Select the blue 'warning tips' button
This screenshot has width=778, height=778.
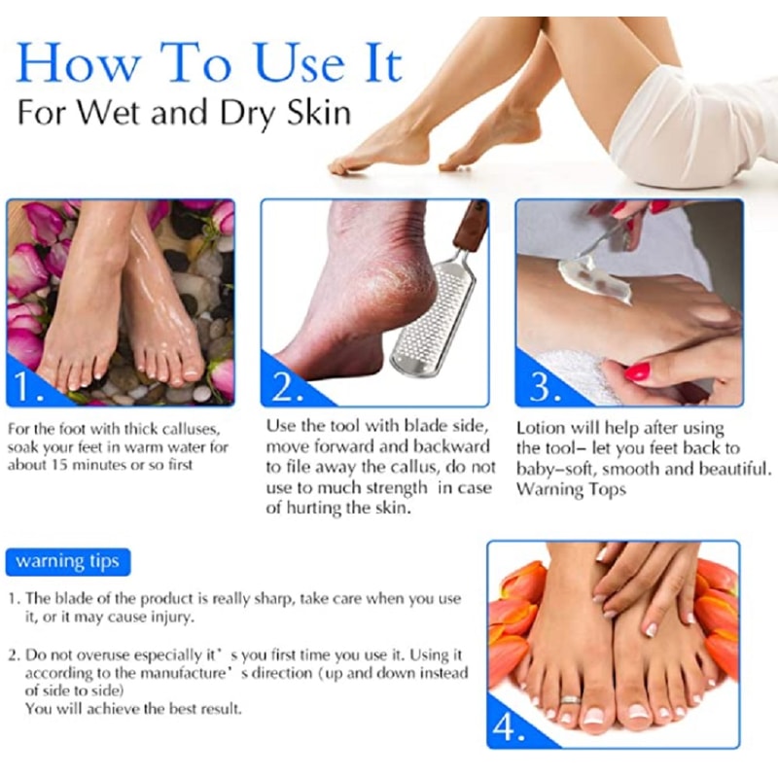(68, 562)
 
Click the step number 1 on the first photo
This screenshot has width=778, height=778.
(27, 385)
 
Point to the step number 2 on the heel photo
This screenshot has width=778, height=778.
(286, 386)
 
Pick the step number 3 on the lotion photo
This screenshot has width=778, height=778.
(545, 385)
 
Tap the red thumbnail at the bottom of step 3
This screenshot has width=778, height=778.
(638, 371)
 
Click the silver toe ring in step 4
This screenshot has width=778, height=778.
(570, 699)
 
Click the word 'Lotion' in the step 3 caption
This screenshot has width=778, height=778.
(541, 428)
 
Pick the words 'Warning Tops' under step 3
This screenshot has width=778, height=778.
(571, 489)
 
